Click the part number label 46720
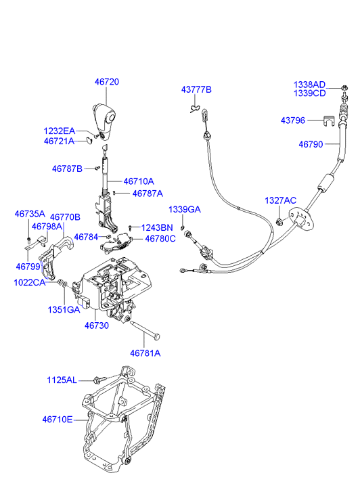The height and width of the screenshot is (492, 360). (107, 82)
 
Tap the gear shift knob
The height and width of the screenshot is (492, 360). (104, 121)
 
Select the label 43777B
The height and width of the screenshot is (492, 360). (196, 90)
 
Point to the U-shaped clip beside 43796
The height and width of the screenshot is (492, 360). (328, 120)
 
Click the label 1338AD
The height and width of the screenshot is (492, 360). (309, 85)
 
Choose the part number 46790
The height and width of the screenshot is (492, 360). (311, 144)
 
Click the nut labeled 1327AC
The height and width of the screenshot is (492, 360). (279, 222)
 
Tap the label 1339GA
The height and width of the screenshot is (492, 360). (185, 210)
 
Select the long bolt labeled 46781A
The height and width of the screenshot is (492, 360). (144, 331)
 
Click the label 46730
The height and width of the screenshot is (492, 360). (97, 326)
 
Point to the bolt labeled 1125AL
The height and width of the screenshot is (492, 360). (99, 380)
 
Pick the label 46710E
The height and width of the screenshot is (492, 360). (58, 420)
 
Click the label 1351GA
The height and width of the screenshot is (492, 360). (64, 310)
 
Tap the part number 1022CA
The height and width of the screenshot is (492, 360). (30, 283)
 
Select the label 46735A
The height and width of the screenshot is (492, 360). (30, 215)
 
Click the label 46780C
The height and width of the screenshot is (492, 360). (160, 239)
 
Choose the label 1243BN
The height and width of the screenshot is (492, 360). (157, 228)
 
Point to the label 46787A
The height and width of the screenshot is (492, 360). (148, 194)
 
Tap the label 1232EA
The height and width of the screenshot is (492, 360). (60, 131)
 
